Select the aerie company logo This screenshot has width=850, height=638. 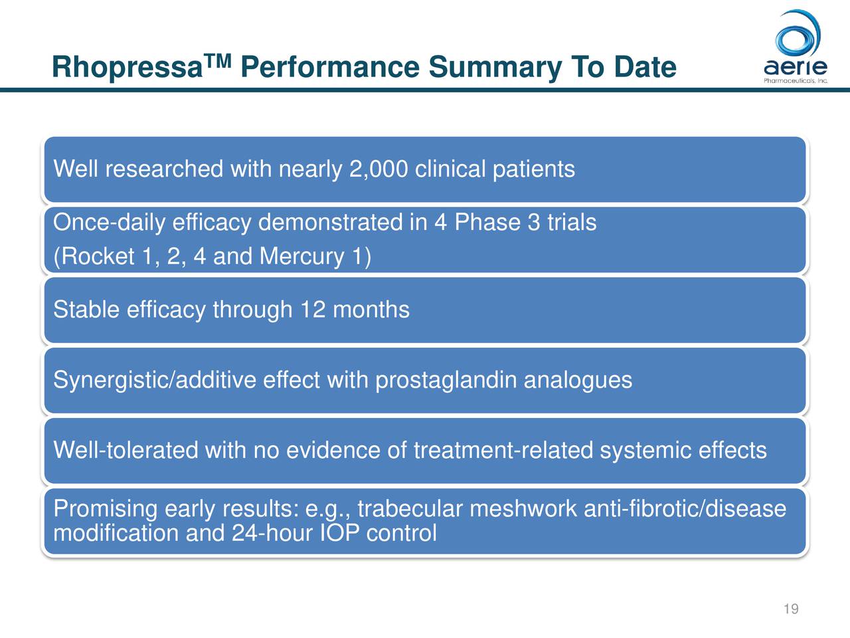point(795,47)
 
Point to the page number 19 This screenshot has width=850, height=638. point(790,609)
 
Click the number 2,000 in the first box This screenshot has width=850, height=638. point(377,169)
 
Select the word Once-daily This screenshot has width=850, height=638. point(109,223)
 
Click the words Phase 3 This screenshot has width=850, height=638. point(497,223)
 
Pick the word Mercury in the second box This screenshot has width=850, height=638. point(302,257)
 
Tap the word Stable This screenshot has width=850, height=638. point(86,310)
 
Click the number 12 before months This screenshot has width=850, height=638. point(313,310)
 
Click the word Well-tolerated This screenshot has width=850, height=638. point(126,451)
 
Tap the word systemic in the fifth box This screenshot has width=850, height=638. point(645,451)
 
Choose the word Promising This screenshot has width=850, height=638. point(105,509)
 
